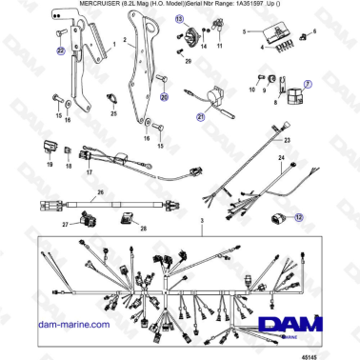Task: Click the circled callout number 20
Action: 163,96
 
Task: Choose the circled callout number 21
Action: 201,117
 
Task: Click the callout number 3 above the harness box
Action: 200,221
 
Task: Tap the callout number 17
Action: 89,173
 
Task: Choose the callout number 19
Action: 48,165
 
